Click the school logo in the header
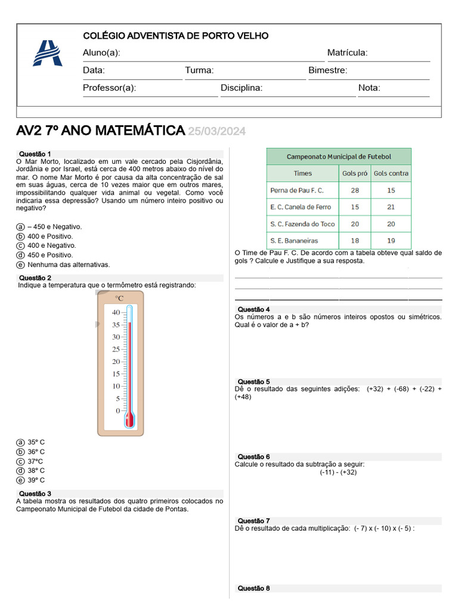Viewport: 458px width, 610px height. [47, 53]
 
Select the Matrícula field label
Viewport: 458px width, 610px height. [347, 53]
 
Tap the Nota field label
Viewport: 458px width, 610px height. [369, 88]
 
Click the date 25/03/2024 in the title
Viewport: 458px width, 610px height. [216, 131]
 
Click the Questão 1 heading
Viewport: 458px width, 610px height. [35, 154]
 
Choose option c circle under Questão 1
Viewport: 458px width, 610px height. [20, 245]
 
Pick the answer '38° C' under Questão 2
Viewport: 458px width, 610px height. [36, 471]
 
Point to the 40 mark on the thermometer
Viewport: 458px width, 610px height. [115, 312]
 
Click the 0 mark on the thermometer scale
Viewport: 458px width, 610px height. [117, 411]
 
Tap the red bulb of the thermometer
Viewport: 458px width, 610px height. [129, 419]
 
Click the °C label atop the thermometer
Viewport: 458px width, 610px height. [119, 298]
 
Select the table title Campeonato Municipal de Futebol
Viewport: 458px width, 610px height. [339, 157]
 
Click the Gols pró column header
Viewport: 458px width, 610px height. [355, 173]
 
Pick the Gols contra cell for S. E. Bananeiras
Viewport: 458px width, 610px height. [391, 241]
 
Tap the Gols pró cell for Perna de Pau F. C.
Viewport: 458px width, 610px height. [355, 190]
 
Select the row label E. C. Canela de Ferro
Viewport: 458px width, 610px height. [301, 207]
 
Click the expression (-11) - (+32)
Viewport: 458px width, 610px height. [338, 472]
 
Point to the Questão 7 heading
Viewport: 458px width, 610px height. [253, 521]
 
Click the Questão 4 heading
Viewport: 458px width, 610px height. [253, 309]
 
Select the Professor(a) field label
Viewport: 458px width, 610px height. [109, 88]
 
